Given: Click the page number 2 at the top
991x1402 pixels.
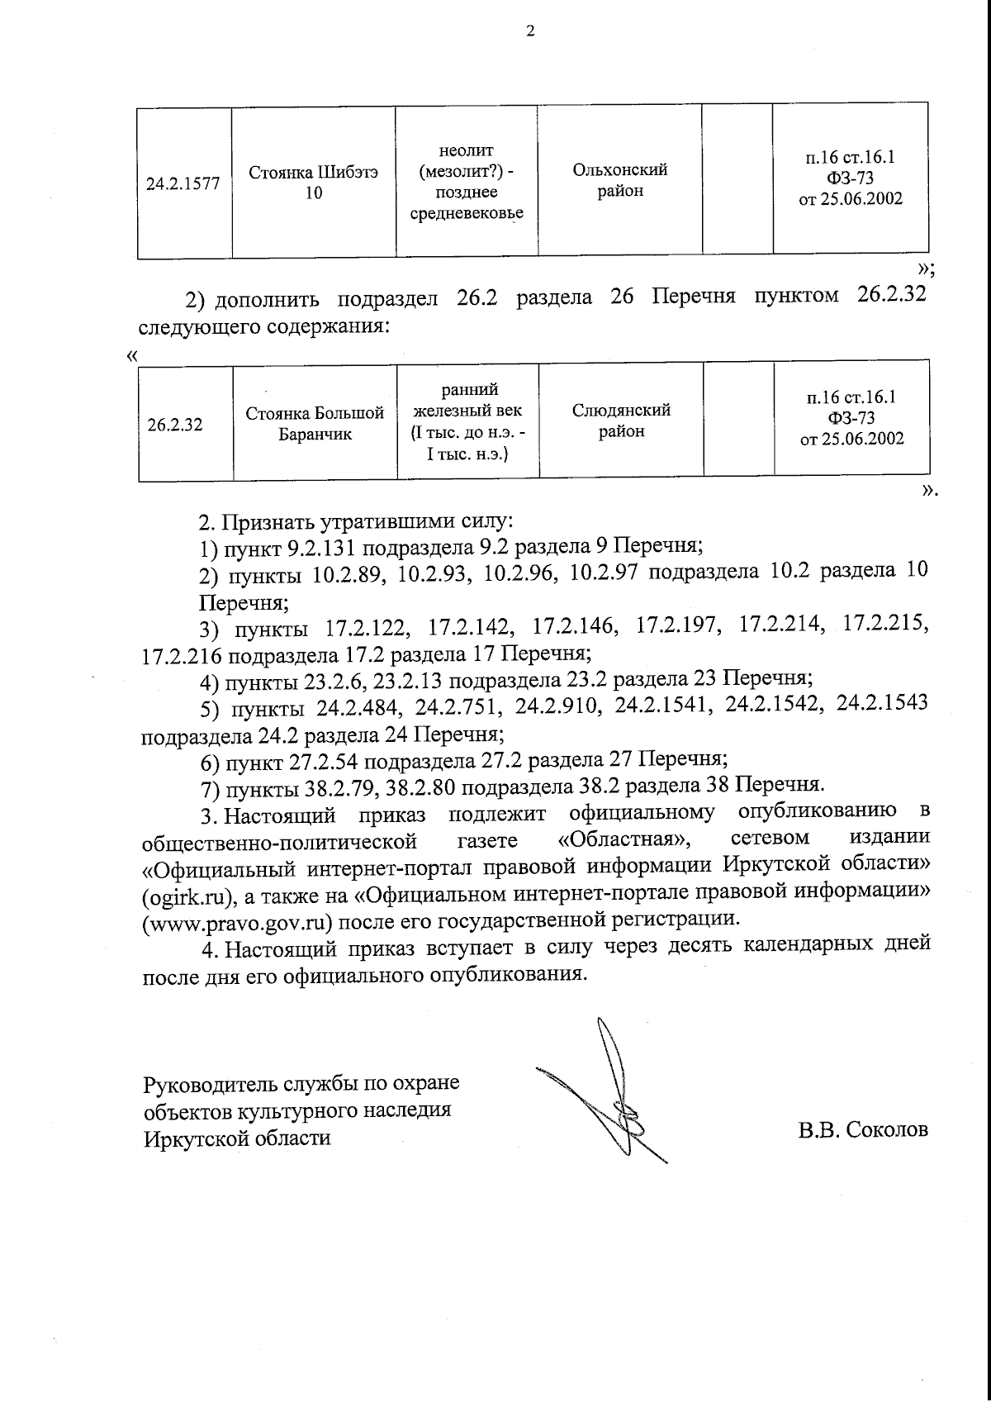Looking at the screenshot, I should tap(530, 32).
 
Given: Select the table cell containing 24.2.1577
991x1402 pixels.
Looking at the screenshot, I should tap(183, 183).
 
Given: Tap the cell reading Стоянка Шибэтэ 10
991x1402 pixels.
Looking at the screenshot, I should tap(314, 183).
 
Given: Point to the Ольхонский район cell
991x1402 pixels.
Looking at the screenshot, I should tap(619, 181).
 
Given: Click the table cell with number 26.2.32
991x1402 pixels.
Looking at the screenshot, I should tap(175, 426).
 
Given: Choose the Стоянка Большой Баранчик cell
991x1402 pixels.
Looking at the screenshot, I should tap(315, 424).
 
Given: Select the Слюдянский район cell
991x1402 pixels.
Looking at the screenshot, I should tap(621, 421).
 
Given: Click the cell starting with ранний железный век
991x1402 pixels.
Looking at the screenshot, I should tap(467, 421).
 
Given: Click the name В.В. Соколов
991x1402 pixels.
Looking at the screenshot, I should tap(863, 1129).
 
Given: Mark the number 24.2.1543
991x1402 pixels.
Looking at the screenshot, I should tap(882, 704).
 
